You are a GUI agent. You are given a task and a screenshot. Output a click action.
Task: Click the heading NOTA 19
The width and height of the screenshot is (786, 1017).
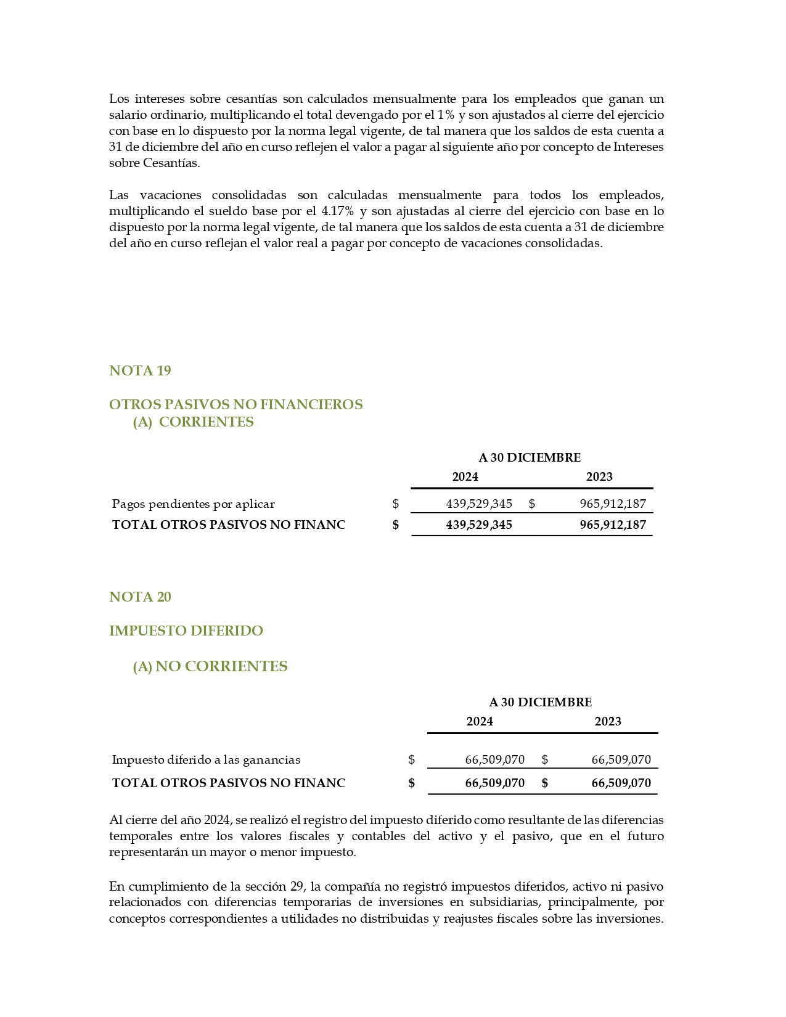pos(140,370)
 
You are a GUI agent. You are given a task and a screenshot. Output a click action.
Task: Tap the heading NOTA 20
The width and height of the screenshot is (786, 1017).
pos(140,597)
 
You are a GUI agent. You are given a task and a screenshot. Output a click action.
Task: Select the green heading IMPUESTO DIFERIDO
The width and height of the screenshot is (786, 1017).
pos(186,631)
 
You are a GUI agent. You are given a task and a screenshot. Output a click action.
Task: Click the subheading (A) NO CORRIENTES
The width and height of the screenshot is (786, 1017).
pos(210,666)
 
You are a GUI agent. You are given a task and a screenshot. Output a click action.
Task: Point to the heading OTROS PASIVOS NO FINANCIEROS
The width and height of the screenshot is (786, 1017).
pos(235,404)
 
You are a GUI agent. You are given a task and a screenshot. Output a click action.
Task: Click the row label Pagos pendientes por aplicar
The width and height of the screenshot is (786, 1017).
pos(193,504)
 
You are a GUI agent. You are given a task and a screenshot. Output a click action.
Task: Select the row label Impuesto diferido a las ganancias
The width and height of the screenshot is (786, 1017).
pos(206,759)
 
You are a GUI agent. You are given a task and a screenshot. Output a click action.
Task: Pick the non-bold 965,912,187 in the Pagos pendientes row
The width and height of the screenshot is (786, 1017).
pos(613,504)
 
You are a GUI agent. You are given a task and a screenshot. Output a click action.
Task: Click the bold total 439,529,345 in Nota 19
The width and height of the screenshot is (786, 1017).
pos(479,525)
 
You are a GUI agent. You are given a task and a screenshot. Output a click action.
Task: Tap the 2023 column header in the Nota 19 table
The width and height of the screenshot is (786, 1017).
pos(599,476)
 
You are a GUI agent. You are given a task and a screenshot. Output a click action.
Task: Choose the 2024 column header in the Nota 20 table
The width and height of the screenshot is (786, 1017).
pos(480,721)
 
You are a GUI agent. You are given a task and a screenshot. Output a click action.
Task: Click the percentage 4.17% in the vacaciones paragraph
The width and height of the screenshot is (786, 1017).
pos(338,211)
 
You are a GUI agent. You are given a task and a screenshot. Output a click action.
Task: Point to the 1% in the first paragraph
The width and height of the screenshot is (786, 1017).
pos(446,115)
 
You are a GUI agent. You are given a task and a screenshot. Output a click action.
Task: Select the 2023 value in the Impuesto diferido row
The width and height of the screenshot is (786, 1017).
pos(621,759)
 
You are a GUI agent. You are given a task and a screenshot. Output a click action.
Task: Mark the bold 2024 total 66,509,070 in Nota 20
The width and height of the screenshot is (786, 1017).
pos(494,783)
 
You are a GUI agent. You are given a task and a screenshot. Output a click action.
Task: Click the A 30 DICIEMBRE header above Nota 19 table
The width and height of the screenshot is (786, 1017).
pos(530,457)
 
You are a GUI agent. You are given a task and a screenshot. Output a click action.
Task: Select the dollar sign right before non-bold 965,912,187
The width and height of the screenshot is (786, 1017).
pos(531,504)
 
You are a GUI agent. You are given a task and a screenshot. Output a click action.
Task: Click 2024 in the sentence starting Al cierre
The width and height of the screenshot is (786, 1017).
pos(217,820)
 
